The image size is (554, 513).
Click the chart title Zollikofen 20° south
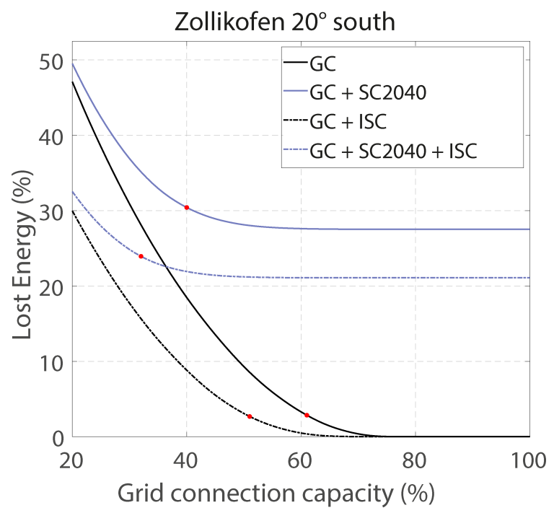point(285,22)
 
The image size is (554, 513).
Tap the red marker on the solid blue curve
point(187,207)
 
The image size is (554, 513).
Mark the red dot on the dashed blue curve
point(141,256)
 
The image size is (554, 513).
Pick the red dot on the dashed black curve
point(250,416)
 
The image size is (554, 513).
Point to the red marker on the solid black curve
point(307,415)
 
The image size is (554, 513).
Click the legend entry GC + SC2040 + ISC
point(393,152)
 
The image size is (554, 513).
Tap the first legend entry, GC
point(322,63)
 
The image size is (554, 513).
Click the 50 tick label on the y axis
point(51,61)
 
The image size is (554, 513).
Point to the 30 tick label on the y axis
point(51,211)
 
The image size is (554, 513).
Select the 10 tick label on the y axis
point(51,361)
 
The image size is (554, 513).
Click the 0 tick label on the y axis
point(58,437)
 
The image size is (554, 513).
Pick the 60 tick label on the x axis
point(302,458)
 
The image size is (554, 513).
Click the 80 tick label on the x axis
point(415,458)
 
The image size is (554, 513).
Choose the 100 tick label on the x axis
point(529,458)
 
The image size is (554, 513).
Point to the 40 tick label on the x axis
point(187,458)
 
